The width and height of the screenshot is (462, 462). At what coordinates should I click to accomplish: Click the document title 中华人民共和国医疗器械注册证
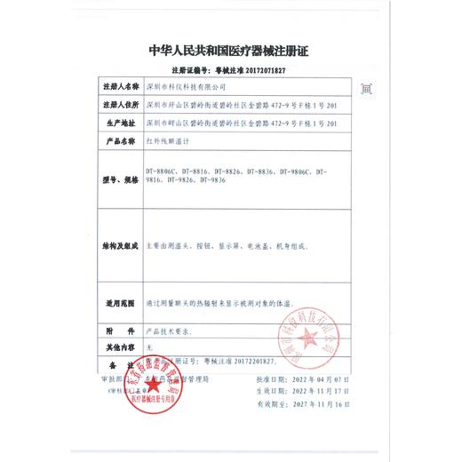[x=230, y=50]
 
